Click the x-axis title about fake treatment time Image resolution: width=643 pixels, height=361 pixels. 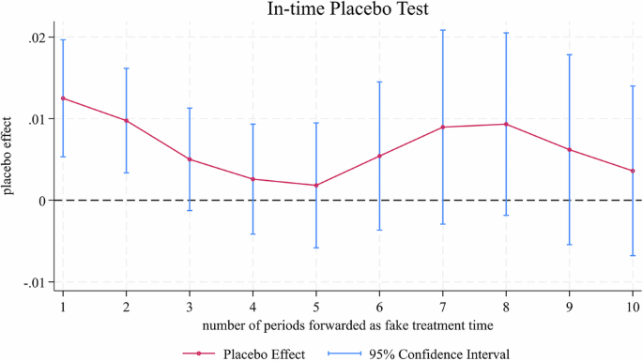[x=344, y=324]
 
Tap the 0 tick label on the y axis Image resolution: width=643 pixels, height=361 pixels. [x=40, y=201]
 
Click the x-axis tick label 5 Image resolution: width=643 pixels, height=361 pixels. [x=316, y=307]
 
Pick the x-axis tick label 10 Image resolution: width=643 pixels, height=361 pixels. [x=633, y=307]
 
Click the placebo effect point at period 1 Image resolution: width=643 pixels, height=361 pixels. [x=63, y=98]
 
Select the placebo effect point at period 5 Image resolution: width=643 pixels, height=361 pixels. [x=316, y=186]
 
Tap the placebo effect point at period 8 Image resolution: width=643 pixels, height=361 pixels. [x=506, y=124]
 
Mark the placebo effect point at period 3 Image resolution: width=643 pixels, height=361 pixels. [x=190, y=159]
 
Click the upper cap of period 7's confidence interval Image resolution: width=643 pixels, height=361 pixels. [x=443, y=30]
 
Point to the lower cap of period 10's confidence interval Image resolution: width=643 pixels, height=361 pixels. [x=633, y=256]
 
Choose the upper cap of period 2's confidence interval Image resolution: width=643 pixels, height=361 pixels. [x=127, y=68]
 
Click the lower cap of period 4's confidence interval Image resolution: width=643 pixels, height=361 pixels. [x=253, y=234]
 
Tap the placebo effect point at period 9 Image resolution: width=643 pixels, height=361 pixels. [x=570, y=150]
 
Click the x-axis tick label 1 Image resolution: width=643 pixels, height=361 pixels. [x=63, y=307]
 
